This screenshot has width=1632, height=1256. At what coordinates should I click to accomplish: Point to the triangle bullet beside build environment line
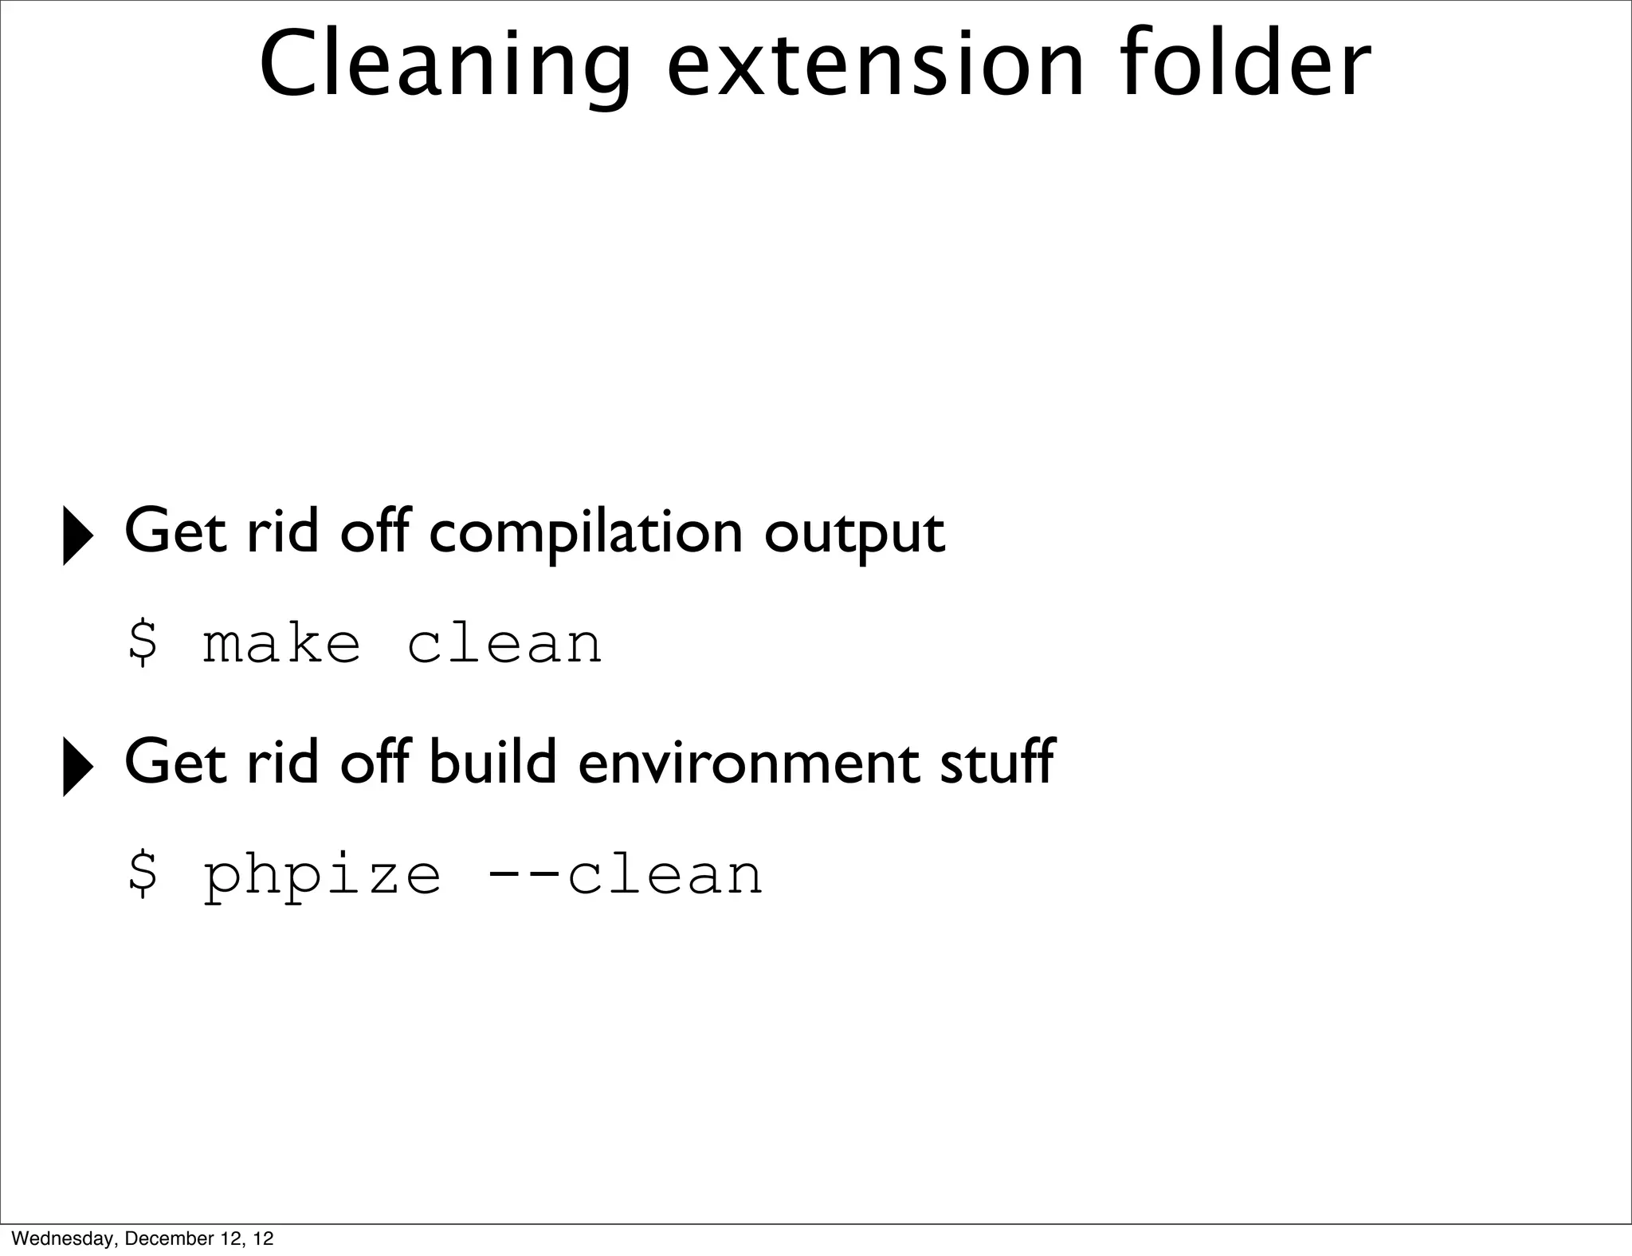pyautogui.click(x=77, y=766)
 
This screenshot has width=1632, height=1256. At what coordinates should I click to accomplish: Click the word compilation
pyautogui.click(x=586, y=532)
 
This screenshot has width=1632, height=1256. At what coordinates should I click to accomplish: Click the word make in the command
pyautogui.click(x=281, y=644)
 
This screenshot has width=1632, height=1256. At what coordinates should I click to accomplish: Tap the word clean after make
pyautogui.click(x=504, y=644)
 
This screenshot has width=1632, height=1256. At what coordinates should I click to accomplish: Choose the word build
pyautogui.click(x=492, y=762)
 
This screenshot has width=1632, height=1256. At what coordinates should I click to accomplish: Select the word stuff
pyautogui.click(x=996, y=762)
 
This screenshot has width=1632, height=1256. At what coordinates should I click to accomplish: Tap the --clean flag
pyautogui.click(x=624, y=874)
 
